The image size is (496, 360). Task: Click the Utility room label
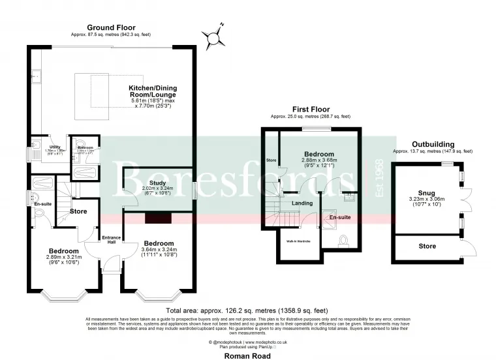37,138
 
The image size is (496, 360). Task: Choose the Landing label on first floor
303,203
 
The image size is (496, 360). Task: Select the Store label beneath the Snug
427,246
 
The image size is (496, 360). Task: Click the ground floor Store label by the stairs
78,211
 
